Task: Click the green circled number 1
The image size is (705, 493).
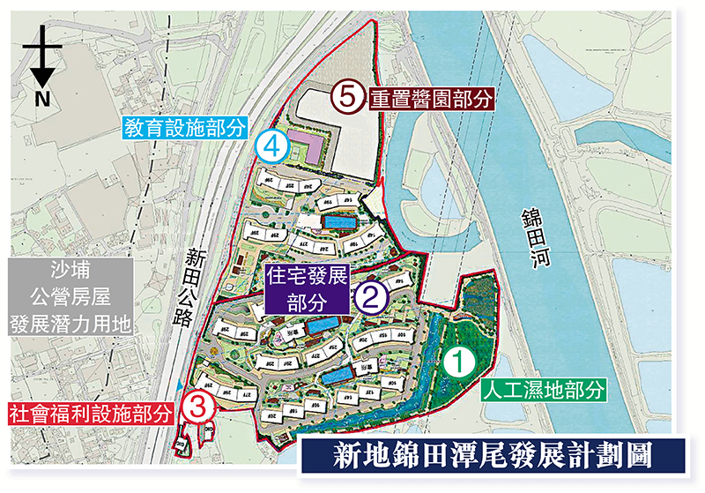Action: point(458,359)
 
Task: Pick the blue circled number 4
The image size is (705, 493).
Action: point(271,147)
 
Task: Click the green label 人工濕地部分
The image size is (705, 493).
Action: point(544,388)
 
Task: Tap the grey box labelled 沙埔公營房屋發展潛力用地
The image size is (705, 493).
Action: point(68,296)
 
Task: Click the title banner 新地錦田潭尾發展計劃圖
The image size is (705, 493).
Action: point(492,457)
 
